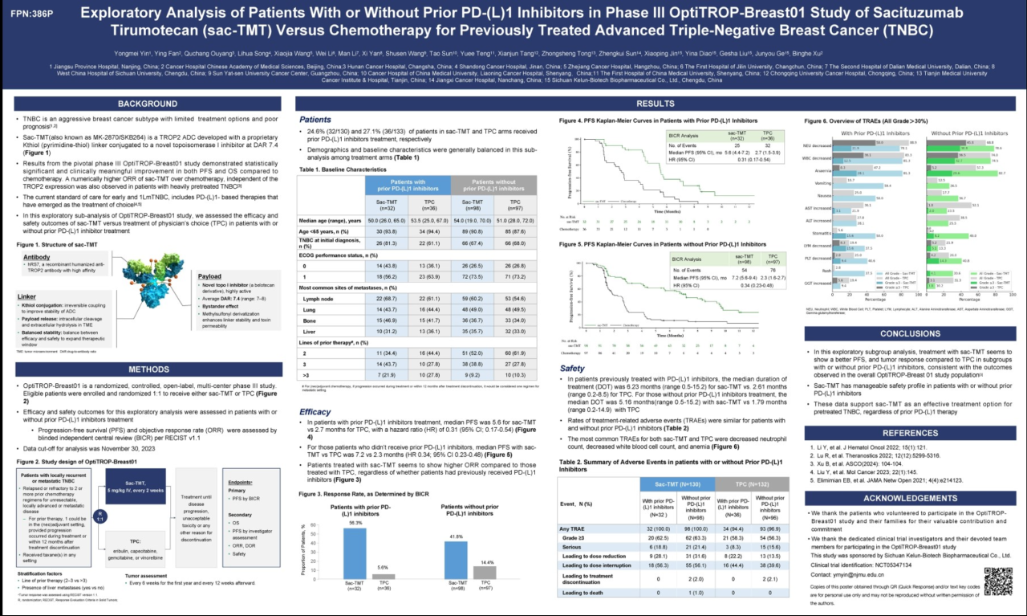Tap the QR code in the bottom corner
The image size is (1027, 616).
tap(997, 581)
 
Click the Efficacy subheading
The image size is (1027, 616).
tap(315, 411)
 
